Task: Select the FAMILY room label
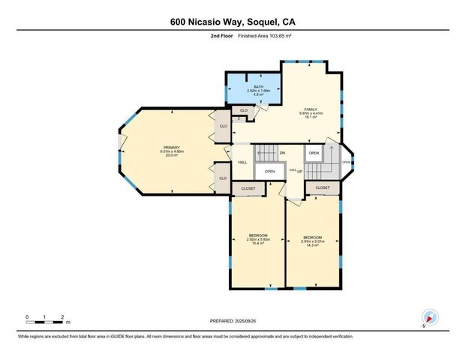click(311, 109)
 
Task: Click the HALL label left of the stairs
click(242, 162)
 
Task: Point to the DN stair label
click(282, 154)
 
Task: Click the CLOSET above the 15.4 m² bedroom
click(248, 188)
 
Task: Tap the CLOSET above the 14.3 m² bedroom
click(323, 187)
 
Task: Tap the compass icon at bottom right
click(429, 318)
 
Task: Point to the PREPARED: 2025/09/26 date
click(233, 321)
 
